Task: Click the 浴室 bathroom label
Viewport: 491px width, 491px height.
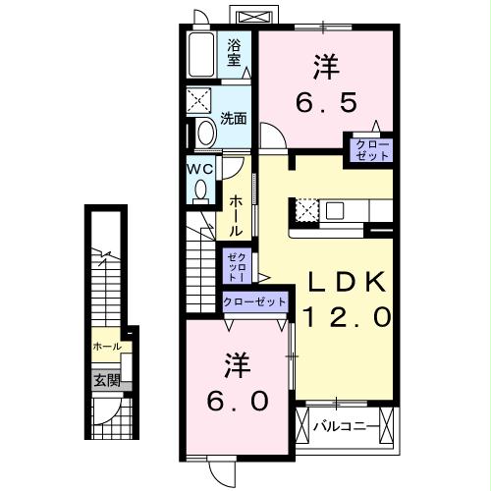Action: click(x=235, y=51)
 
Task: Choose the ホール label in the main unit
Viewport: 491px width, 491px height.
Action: click(x=237, y=214)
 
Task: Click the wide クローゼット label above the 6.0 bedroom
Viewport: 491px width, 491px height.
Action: click(x=254, y=301)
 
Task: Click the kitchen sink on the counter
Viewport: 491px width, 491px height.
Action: click(x=334, y=209)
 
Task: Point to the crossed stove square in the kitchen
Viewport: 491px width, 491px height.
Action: click(x=303, y=209)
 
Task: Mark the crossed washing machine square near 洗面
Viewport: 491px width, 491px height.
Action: click(x=201, y=102)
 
